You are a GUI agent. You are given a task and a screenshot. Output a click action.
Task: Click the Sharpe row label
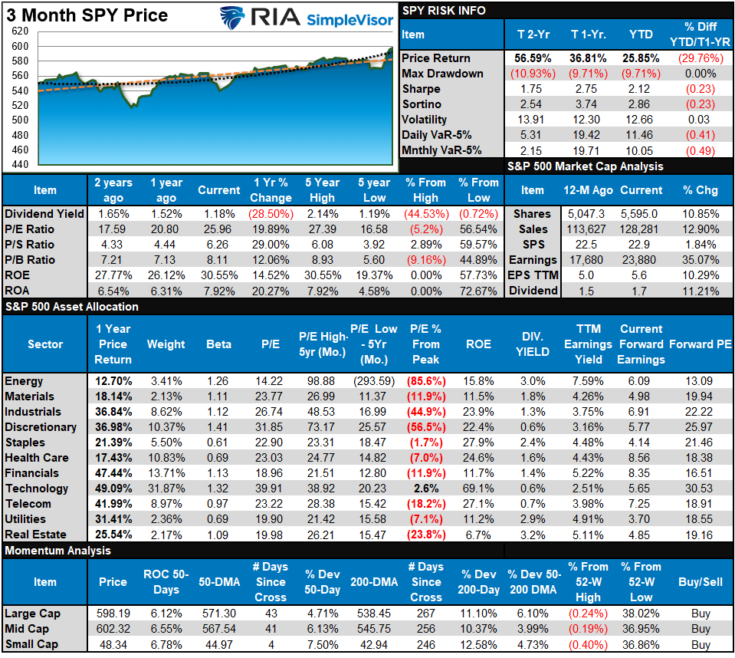click(x=421, y=89)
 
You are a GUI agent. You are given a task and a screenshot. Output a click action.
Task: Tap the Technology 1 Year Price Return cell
click(x=113, y=489)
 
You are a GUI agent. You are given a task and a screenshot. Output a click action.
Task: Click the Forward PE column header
click(x=700, y=344)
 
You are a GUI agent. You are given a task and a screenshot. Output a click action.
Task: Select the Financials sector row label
click(x=31, y=473)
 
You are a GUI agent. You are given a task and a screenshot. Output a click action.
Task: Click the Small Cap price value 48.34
click(x=113, y=644)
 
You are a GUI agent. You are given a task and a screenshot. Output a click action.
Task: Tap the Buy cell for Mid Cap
click(x=700, y=629)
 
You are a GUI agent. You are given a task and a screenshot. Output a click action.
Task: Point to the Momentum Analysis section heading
click(x=57, y=551)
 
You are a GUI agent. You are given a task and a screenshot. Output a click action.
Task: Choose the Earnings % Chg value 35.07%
click(x=700, y=260)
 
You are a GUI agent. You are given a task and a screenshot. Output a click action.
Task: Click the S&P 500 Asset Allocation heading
click(x=71, y=307)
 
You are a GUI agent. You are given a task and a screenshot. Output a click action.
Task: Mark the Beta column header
click(x=218, y=344)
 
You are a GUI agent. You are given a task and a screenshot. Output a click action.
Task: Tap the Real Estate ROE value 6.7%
click(x=479, y=535)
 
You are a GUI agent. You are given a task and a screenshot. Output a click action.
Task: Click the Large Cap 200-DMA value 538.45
click(x=374, y=614)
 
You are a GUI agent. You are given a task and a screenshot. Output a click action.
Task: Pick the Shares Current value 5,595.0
click(x=641, y=214)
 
